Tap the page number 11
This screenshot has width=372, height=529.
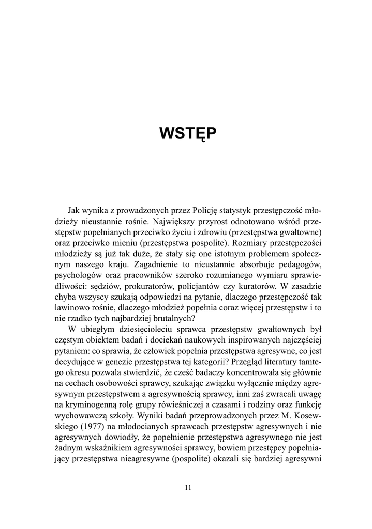tap(188, 487)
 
